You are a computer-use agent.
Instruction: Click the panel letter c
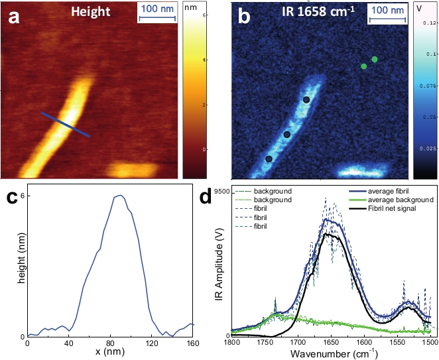click(x=11, y=198)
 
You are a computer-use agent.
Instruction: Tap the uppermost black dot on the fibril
click(x=306, y=100)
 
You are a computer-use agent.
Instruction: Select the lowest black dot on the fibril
click(x=269, y=159)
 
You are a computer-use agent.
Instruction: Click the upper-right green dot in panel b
click(x=375, y=60)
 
